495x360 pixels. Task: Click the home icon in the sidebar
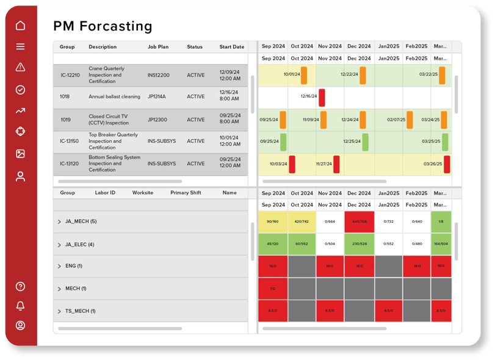click(x=20, y=26)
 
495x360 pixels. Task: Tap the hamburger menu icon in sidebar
click(x=20, y=46)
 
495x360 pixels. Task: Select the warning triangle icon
click(x=20, y=68)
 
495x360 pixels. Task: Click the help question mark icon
click(x=20, y=286)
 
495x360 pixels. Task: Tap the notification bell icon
click(x=20, y=306)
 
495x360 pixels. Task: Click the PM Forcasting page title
click(x=103, y=26)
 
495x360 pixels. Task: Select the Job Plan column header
click(x=158, y=47)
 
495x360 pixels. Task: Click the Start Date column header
click(x=231, y=47)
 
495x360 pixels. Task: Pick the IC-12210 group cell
click(x=70, y=75)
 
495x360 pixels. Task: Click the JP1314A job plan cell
click(x=157, y=97)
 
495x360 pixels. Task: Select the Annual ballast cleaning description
click(x=114, y=97)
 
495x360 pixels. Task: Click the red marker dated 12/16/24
click(x=322, y=98)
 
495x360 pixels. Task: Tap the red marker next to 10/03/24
click(x=292, y=164)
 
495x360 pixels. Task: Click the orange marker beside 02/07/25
click(x=410, y=120)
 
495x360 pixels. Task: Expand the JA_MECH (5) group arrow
click(x=59, y=222)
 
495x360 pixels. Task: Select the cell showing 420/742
click(x=302, y=222)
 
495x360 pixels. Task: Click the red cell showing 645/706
click(x=359, y=222)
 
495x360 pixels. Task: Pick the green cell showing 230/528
click(x=359, y=244)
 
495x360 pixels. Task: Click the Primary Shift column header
click(x=186, y=193)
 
